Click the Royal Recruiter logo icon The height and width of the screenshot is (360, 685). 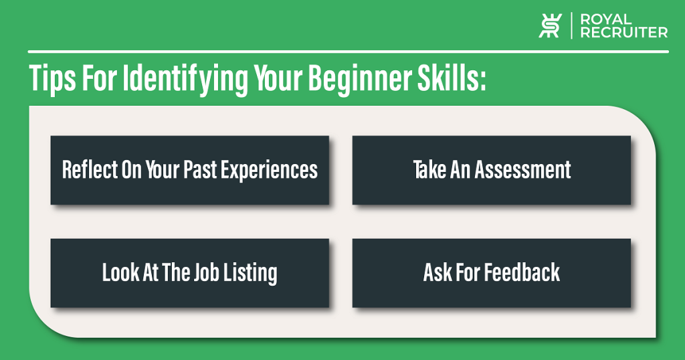(x=550, y=25)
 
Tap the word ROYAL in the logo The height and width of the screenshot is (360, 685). (x=606, y=19)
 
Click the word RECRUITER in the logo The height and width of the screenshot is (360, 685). (x=624, y=32)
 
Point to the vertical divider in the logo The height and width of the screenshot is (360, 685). (x=571, y=25)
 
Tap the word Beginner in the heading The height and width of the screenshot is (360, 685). (x=359, y=80)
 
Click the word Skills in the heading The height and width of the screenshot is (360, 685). (x=448, y=78)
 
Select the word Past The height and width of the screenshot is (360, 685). (x=200, y=169)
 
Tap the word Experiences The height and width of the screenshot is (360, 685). (x=269, y=171)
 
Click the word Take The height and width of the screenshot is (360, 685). (x=429, y=169)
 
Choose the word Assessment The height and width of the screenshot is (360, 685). (x=523, y=169)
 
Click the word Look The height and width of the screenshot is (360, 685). (x=120, y=272)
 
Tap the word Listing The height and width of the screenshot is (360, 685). (x=250, y=274)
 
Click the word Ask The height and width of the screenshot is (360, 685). (x=437, y=272)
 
